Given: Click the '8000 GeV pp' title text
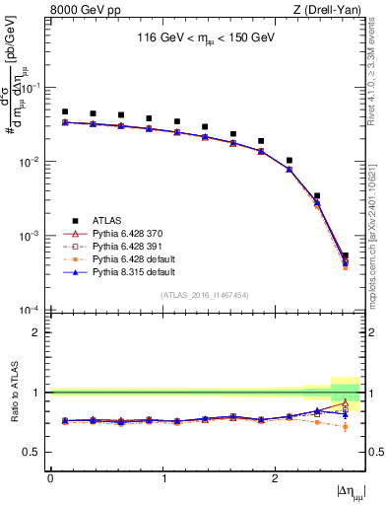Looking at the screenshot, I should click(81, 11).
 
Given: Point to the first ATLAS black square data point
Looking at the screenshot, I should click(65, 112).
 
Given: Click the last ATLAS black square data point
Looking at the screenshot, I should click(345, 256).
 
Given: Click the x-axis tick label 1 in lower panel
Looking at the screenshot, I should click(162, 478).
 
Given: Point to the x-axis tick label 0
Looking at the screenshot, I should click(51, 478).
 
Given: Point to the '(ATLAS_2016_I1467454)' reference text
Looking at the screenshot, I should click(205, 295).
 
